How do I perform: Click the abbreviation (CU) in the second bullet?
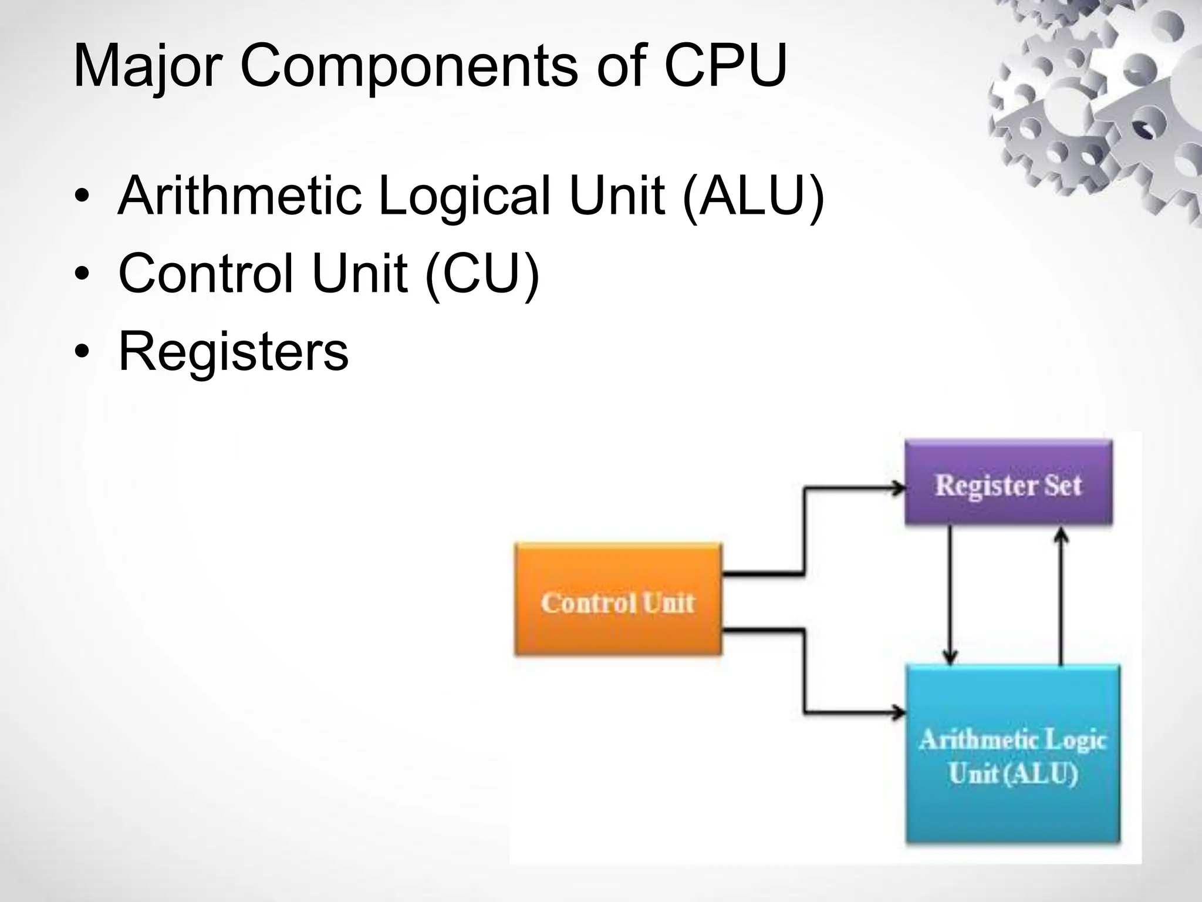[481, 274]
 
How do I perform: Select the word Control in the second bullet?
[205, 274]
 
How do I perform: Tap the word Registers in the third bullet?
[234, 352]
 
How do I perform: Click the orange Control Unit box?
[617, 599]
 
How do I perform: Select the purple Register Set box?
[1008, 483]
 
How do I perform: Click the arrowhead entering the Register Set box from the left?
[898, 488]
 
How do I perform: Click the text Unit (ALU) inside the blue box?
[1012, 774]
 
